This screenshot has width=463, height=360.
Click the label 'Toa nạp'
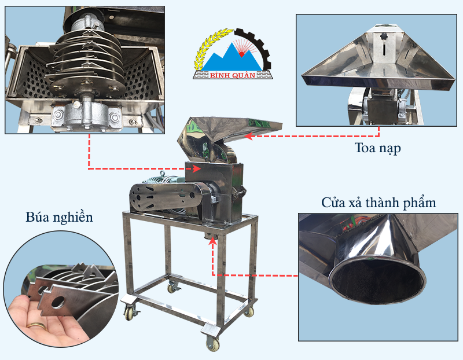[x=377, y=148]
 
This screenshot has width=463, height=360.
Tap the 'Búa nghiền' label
[x=60, y=218]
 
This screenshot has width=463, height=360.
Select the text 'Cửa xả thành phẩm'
[x=379, y=203]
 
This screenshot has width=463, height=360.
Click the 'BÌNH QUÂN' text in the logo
[x=233, y=75]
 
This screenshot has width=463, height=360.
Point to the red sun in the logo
[x=241, y=54]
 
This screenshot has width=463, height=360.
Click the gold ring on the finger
[x=37, y=326]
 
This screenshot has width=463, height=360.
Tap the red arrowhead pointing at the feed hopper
[x=249, y=136]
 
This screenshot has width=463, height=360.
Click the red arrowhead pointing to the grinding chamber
[x=197, y=168]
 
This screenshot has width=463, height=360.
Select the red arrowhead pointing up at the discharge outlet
[x=212, y=241]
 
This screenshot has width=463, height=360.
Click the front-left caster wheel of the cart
[x=130, y=313]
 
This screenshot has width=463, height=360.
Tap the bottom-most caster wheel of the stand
[x=212, y=343]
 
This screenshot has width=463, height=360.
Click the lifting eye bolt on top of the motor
[x=161, y=174]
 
